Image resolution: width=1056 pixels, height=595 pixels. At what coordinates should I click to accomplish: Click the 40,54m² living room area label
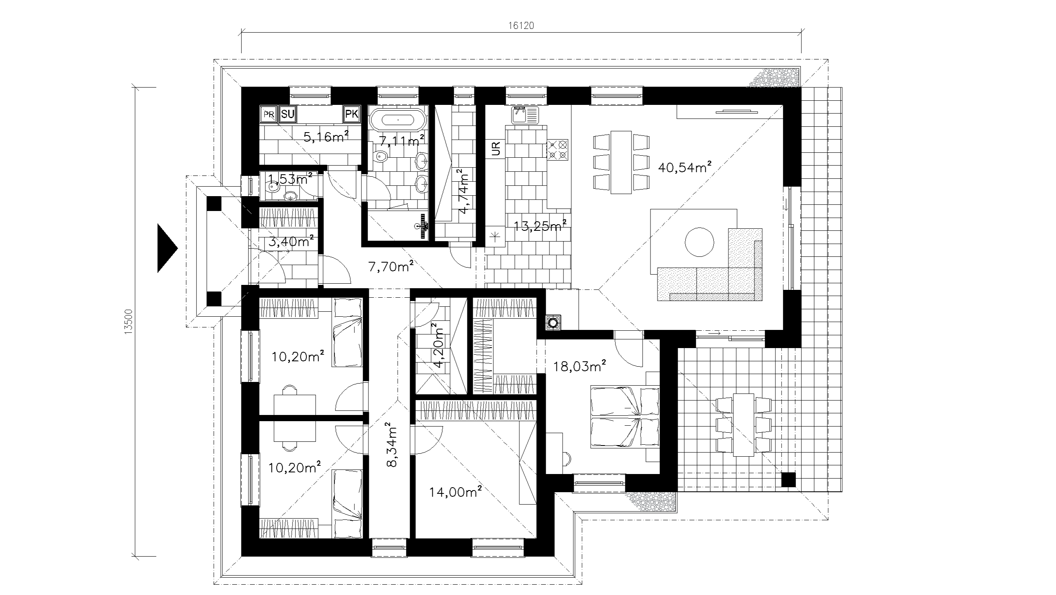point(685,167)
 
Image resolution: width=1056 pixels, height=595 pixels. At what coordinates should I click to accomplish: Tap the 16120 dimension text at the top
point(521,26)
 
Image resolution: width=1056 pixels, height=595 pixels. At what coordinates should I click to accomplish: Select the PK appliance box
point(352,114)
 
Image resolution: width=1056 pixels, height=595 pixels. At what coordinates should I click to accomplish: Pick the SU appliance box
point(288,114)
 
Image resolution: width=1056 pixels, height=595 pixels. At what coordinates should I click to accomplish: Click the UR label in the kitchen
point(496,149)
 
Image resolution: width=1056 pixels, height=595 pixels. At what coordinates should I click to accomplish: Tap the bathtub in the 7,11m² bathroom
point(398,120)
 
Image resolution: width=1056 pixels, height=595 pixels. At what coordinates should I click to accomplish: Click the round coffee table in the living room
point(699,242)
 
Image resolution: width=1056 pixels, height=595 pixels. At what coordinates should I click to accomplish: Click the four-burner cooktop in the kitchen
point(557,149)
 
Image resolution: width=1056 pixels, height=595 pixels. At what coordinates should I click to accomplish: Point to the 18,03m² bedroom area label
point(579,366)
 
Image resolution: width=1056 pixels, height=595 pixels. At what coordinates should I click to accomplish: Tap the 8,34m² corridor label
point(391,444)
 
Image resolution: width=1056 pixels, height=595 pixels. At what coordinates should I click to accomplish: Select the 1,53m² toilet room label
point(290,179)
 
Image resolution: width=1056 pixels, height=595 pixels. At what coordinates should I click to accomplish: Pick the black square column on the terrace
point(789,479)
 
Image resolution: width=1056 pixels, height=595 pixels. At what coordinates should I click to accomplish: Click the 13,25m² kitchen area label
point(540,226)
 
